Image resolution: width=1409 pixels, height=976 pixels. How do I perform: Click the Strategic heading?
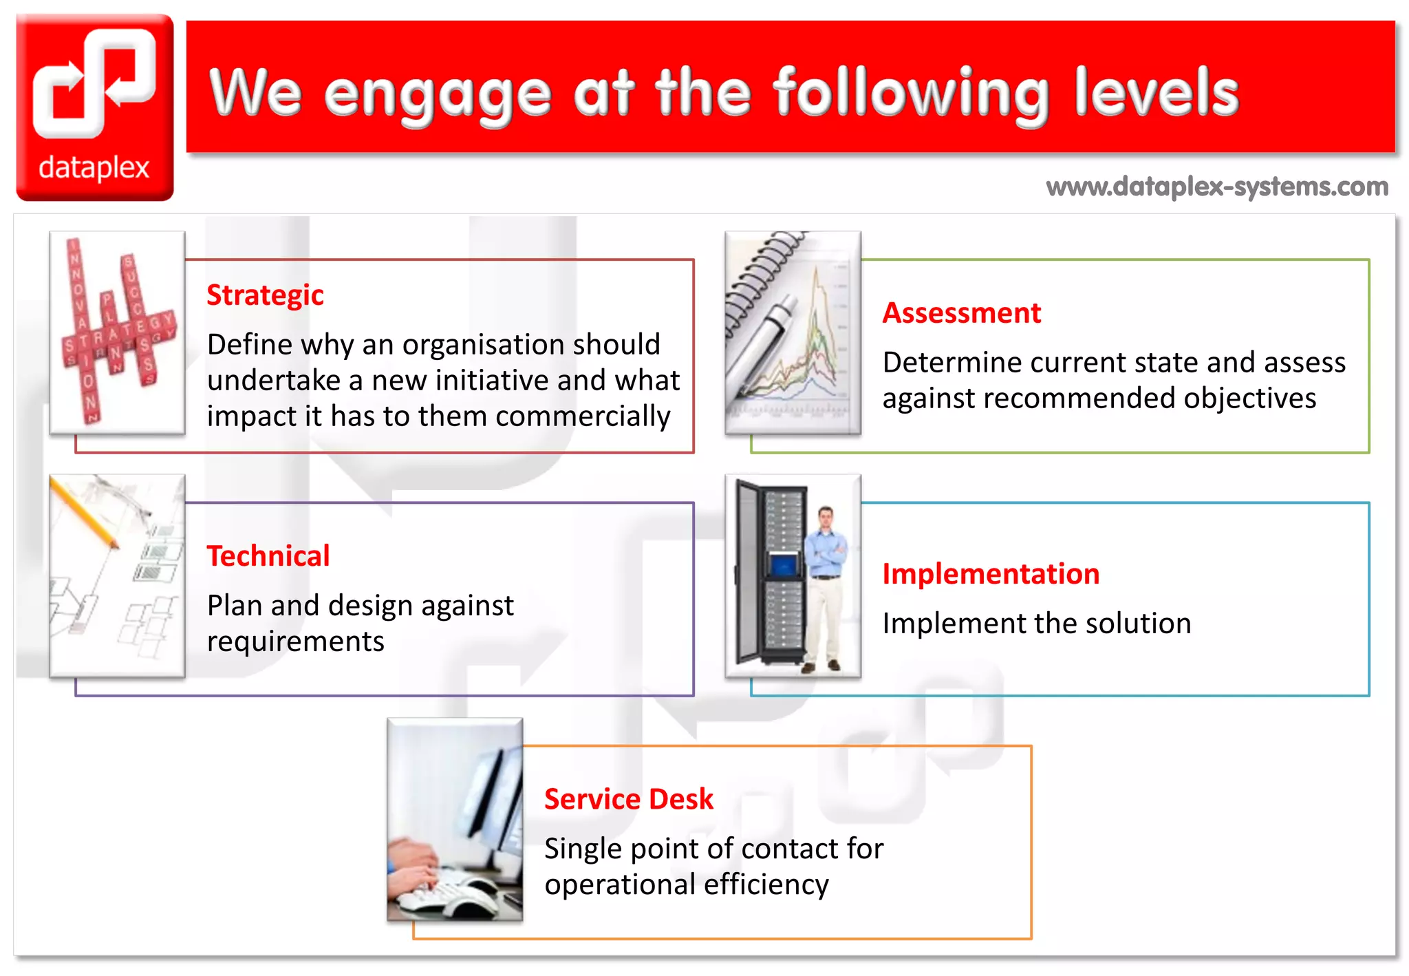pyautogui.click(x=265, y=295)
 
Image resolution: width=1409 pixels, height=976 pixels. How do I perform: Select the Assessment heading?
pyautogui.click(x=961, y=313)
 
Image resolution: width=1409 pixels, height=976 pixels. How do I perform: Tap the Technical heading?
pyautogui.click(x=268, y=556)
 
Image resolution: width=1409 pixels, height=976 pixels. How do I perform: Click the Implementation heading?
pyautogui.click(x=991, y=574)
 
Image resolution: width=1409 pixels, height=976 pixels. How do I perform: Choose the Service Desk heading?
pyautogui.click(x=628, y=799)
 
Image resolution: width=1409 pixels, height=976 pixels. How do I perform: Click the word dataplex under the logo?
pyautogui.click(x=94, y=168)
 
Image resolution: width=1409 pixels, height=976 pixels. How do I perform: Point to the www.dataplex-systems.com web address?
pyautogui.click(x=1216, y=187)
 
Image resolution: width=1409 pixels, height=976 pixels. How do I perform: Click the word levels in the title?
pyautogui.click(x=1156, y=93)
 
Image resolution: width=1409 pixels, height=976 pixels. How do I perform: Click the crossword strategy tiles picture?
pyautogui.click(x=117, y=332)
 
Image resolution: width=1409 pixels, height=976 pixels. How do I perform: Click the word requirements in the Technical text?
pyautogui.click(x=295, y=642)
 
